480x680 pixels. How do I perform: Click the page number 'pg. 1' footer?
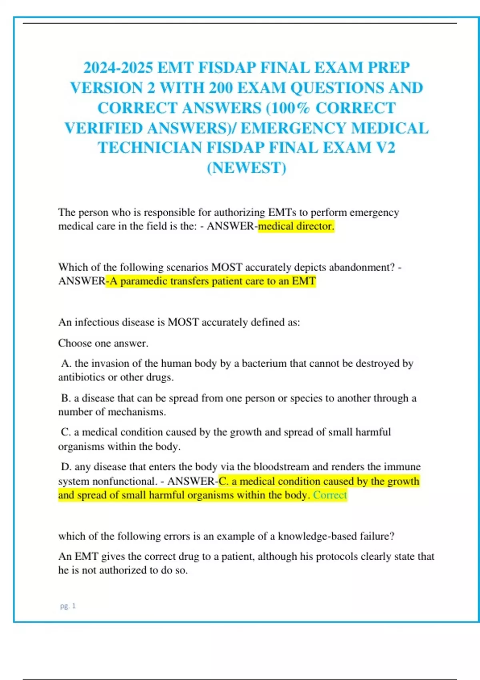point(68,606)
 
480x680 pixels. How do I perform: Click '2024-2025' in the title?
point(118,68)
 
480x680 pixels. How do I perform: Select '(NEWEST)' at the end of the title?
point(246,168)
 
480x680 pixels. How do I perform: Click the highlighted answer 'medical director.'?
point(296,226)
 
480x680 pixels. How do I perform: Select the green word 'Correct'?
point(330,495)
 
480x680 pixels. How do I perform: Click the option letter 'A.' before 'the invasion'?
point(66,363)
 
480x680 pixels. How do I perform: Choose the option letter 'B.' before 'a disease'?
point(66,398)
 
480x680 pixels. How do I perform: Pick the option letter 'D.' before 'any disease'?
point(66,466)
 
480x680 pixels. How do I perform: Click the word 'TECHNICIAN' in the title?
point(150,148)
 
